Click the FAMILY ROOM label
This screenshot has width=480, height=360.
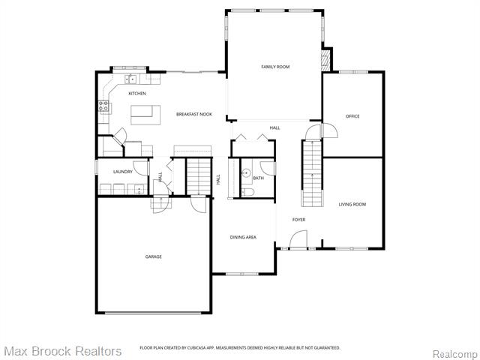pos(275,67)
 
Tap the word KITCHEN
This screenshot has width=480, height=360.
pos(136,94)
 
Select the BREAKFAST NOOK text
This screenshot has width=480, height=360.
pos(194,114)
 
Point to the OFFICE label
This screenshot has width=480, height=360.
pos(352,116)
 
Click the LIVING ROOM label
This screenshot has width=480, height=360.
pos(352,204)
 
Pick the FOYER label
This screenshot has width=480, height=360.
pos(298,219)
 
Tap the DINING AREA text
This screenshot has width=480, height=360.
pos(243,237)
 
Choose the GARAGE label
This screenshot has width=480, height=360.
pos(153,256)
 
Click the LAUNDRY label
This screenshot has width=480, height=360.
pos(123,172)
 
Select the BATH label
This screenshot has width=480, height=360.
pos(259,178)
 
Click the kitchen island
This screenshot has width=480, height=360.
pos(146,114)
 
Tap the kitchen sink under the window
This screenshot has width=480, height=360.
pos(130,78)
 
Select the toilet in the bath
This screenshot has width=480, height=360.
pos(247,193)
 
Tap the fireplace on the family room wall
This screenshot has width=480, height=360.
pos(325,60)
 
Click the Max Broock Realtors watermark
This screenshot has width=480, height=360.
pos(62,351)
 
